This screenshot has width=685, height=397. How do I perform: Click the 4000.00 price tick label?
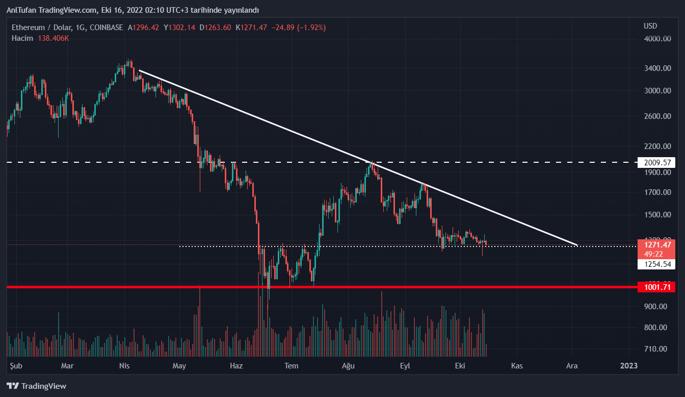657,39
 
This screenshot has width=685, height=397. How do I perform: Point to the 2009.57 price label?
657,163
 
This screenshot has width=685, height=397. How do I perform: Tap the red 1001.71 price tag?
657,287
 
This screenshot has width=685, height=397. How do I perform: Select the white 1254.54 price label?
657,264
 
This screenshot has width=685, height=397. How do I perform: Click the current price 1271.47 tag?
657,244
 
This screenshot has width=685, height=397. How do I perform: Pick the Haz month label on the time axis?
236,365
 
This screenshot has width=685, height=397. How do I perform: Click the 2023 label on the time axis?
628,365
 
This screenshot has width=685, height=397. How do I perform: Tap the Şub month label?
17,365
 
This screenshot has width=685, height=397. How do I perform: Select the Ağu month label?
348,365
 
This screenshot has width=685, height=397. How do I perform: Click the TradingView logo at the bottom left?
37,386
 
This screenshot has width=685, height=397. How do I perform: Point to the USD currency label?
650,26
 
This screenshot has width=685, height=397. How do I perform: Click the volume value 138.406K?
53,38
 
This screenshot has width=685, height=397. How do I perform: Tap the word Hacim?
22,38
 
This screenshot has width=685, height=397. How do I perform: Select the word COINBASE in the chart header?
106,28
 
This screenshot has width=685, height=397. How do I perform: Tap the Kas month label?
517,365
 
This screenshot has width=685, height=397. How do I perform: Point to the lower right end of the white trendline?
576,245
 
